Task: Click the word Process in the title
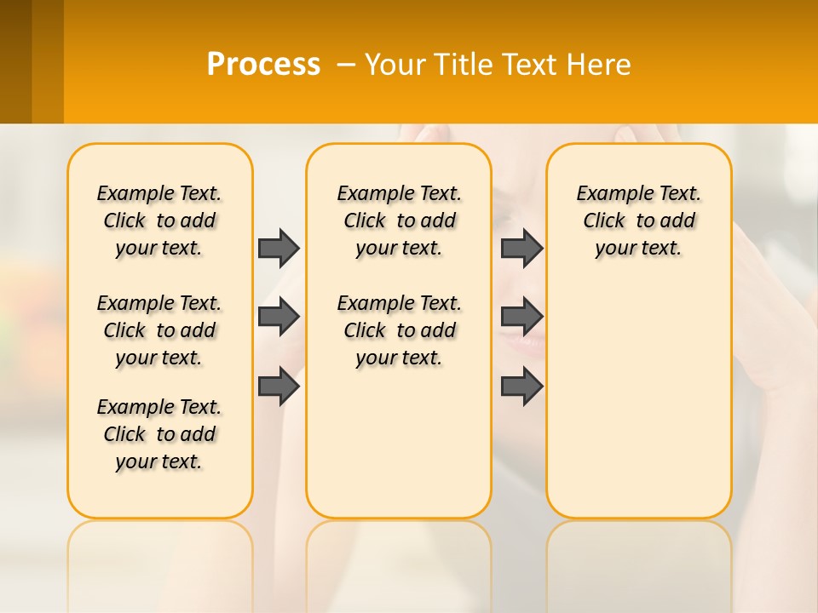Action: [x=263, y=65]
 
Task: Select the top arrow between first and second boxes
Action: [x=279, y=248]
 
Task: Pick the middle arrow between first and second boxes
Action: [x=279, y=317]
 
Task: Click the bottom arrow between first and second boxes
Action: [x=279, y=386]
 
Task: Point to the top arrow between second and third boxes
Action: [x=521, y=248]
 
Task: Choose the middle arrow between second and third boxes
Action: [x=521, y=317]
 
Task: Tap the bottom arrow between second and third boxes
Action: [x=521, y=386]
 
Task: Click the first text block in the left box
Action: [x=159, y=221]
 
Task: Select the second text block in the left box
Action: [x=159, y=330]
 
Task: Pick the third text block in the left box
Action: [x=159, y=434]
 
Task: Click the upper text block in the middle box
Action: [x=399, y=221]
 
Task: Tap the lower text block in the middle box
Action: [x=399, y=330]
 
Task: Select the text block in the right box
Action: [x=638, y=221]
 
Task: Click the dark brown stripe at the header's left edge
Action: [x=15, y=61]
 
